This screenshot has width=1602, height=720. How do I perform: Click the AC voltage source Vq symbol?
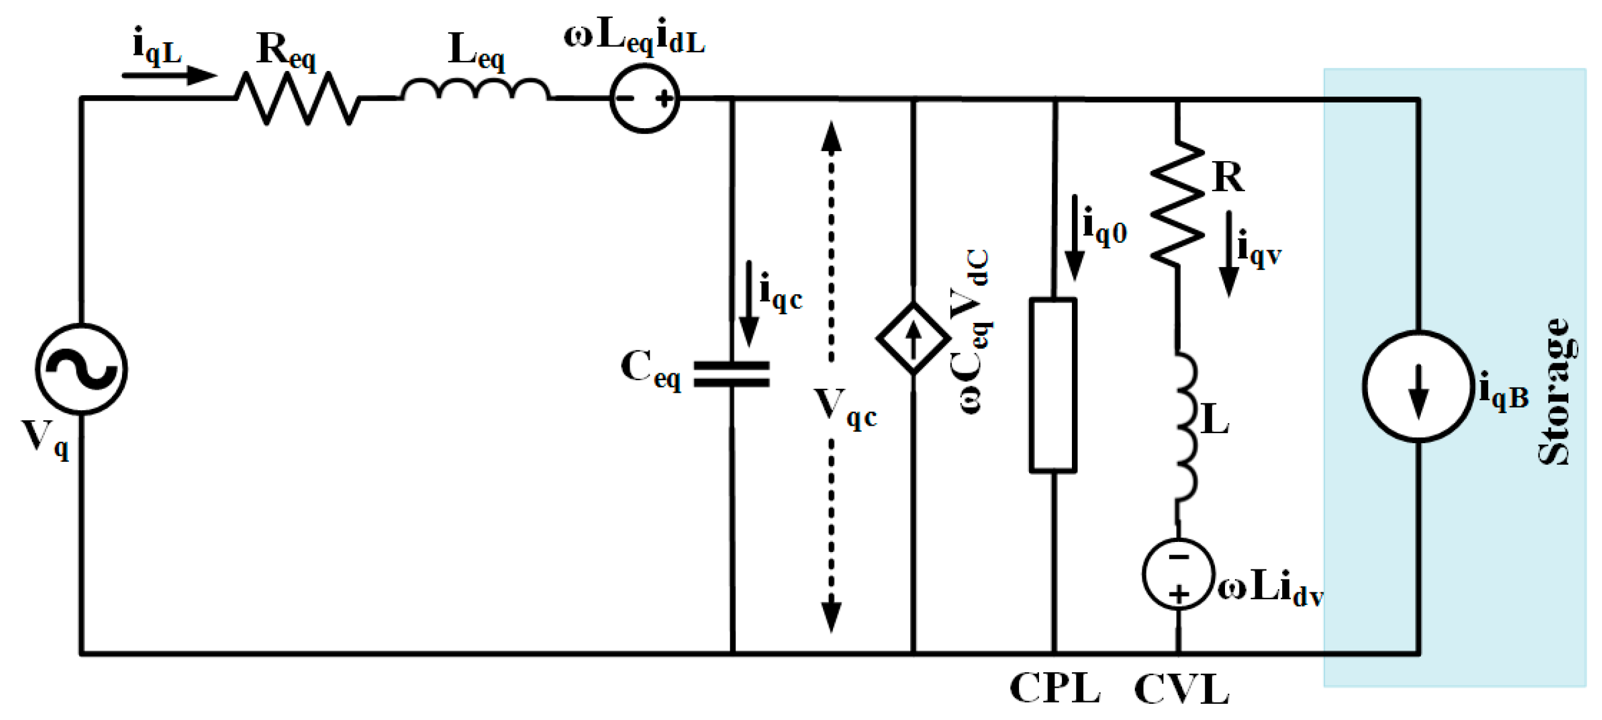click(81, 368)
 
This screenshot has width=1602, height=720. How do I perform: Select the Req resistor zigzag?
click(297, 98)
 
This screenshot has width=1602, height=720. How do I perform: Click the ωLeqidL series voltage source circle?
click(645, 98)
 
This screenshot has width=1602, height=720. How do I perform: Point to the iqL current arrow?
click(169, 75)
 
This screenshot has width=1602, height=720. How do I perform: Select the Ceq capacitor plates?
click(732, 374)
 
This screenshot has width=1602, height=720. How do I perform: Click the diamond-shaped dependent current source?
click(913, 339)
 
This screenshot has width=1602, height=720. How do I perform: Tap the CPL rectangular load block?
click(1053, 385)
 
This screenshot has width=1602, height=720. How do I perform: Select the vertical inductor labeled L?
click(1185, 426)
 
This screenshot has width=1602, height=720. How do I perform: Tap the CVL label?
click(1181, 690)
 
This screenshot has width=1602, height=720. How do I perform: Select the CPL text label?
click(1055, 688)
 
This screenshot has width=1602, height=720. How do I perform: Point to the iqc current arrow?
click(748, 303)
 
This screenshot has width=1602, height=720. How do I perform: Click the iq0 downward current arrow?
click(1074, 238)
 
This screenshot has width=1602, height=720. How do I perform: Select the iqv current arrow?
click(1228, 254)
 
